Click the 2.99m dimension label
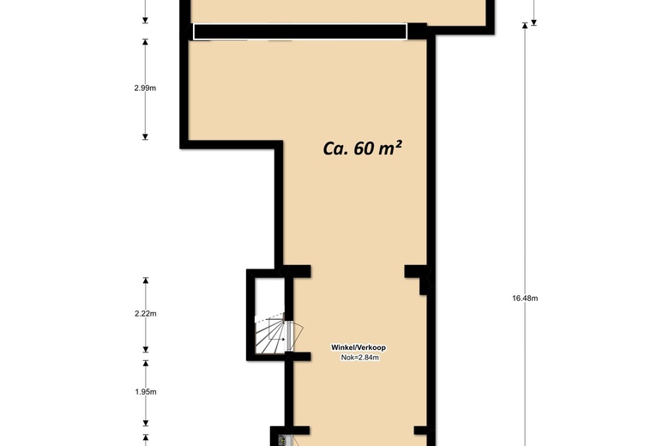pyautogui.click(x=145, y=88)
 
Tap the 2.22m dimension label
pyautogui.click(x=146, y=314)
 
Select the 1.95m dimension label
pyautogui.click(x=146, y=392)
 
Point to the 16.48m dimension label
pyautogui.click(x=525, y=298)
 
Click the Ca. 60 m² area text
pyautogui.click(x=362, y=148)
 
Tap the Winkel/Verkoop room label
pyautogui.click(x=359, y=347)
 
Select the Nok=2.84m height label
pyautogui.click(x=359, y=358)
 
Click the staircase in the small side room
pyautogui.click(x=270, y=335)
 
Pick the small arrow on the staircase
pyautogui.click(x=280, y=340)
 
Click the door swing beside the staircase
pyautogui.click(x=295, y=335)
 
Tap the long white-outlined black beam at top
pyautogui.click(x=300, y=32)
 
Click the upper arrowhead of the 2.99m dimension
pyautogui.click(x=145, y=42)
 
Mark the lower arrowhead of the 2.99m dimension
pyautogui.click(x=145, y=136)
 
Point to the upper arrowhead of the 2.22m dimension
pyautogui.click(x=146, y=280)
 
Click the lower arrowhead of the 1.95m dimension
pyautogui.click(x=146, y=423)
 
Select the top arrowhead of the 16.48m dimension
pyautogui.click(x=525, y=26)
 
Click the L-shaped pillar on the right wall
pyautogui.click(x=419, y=278)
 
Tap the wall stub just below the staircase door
pyautogui.click(x=298, y=357)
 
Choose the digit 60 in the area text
pyautogui.click(x=364, y=148)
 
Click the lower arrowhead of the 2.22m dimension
pyautogui.click(x=146, y=350)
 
